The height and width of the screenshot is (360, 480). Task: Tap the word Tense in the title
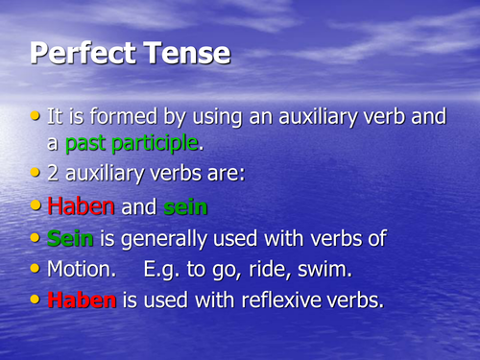[x=186, y=53]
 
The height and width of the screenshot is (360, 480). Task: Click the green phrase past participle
[x=132, y=144]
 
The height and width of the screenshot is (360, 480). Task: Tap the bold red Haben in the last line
[x=82, y=300]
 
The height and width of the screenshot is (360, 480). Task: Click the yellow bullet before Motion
[x=36, y=268]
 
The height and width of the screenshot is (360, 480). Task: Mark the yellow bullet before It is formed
[x=36, y=116]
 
